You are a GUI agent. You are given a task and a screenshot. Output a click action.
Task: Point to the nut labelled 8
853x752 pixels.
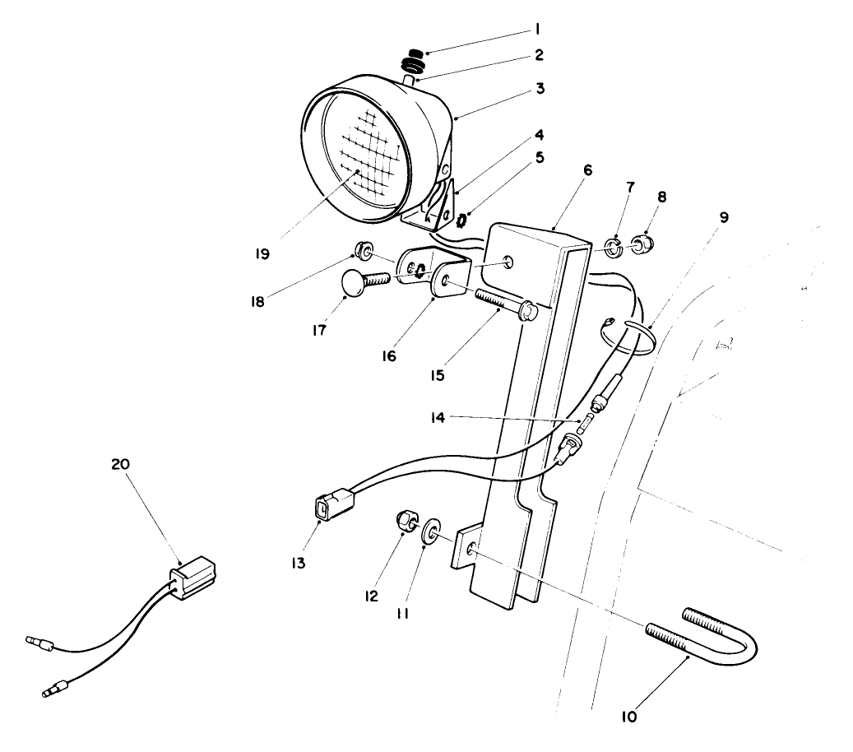coord(642,244)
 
